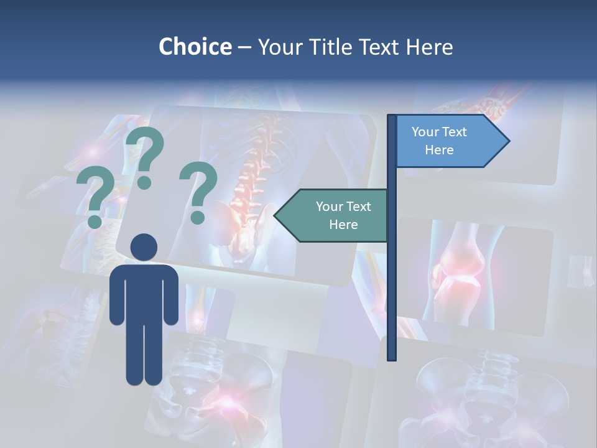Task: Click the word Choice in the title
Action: [x=195, y=47]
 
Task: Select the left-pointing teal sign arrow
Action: [x=332, y=215]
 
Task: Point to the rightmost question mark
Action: [x=198, y=192]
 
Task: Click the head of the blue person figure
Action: [x=144, y=247]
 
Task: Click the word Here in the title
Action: [x=429, y=47]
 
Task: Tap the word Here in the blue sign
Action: [x=439, y=150]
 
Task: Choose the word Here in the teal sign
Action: [x=343, y=225]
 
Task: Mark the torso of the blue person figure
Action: [x=144, y=292]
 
